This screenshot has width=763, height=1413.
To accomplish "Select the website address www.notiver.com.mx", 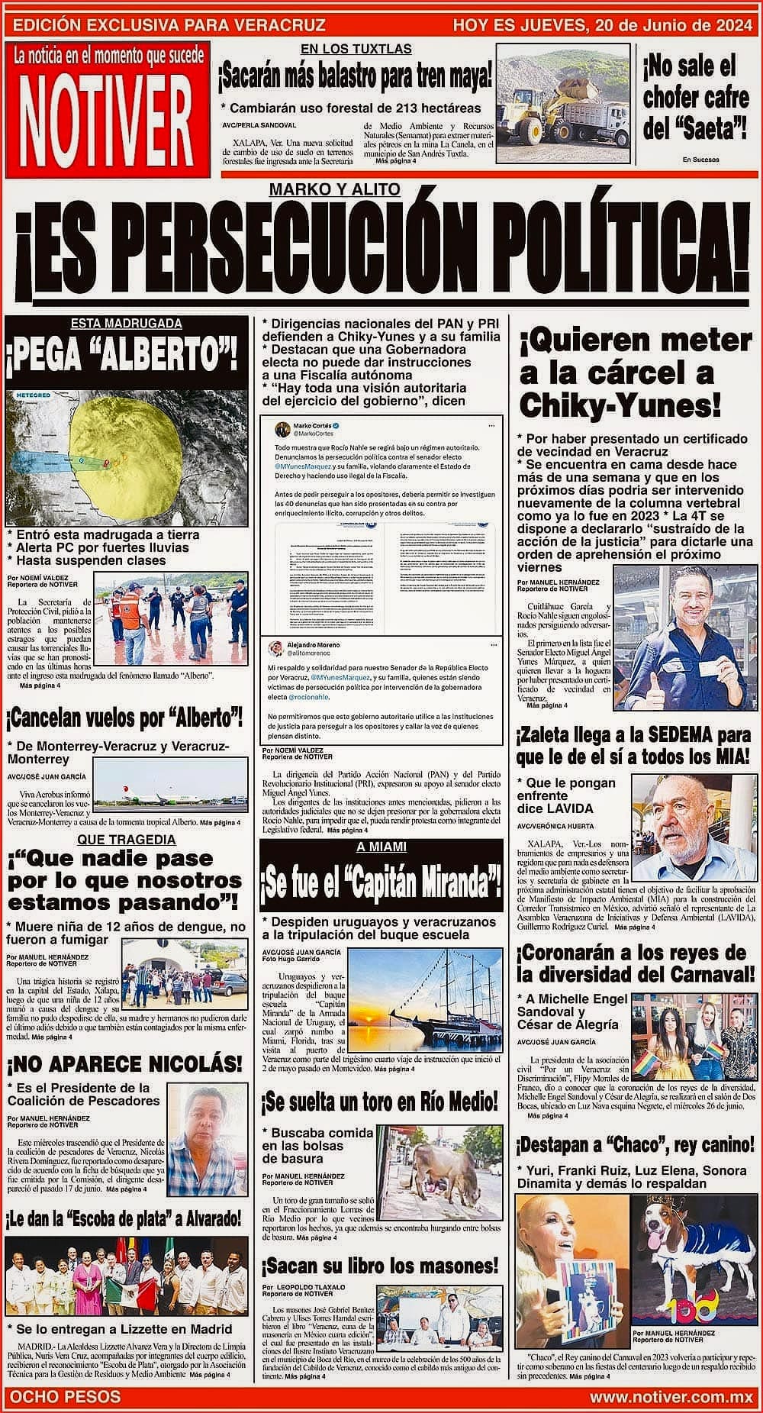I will [x=671, y=1396].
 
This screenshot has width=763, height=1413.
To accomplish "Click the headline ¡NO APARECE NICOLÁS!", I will [x=124, y=1064].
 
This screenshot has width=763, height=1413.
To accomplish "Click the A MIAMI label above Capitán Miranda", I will [x=381, y=847].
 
